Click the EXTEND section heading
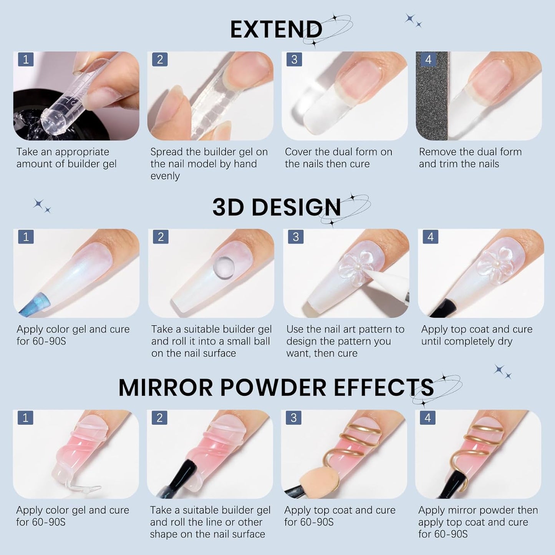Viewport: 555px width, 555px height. pyautogui.click(x=276, y=29)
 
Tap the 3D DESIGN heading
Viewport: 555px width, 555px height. pyautogui.click(x=277, y=207)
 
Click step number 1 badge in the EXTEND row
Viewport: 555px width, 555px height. pyautogui.click(x=26, y=60)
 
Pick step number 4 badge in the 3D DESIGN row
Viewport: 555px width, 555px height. pyautogui.click(x=430, y=237)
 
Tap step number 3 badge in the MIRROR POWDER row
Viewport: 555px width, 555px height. pyautogui.click(x=294, y=417)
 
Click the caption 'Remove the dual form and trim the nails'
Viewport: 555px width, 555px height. pyautogui.click(x=470, y=158)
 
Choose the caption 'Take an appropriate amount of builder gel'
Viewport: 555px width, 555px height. pyautogui.click(x=66, y=158)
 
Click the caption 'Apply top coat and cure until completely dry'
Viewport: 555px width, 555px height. pyautogui.click(x=477, y=335)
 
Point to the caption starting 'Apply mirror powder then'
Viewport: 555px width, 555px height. pyautogui.click(x=478, y=522)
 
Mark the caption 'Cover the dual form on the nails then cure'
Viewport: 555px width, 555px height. pyautogui.click(x=338, y=158)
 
